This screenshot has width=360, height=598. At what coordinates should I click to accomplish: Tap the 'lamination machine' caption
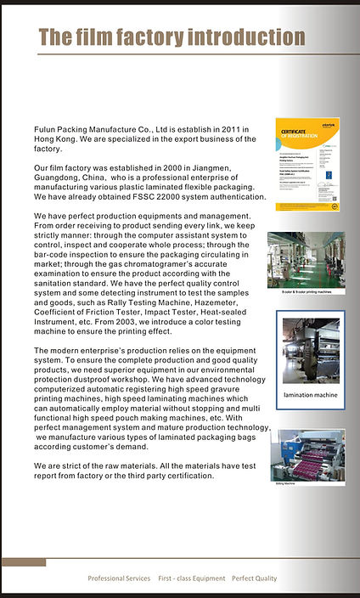pos(310,395)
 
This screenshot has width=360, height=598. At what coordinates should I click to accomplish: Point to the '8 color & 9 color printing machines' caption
pos(307,291)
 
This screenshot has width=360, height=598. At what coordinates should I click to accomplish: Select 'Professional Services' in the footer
pos(119,578)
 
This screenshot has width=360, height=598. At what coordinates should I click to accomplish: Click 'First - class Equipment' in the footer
pos(191,578)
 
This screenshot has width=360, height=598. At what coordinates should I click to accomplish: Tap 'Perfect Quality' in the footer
pos(254,578)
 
